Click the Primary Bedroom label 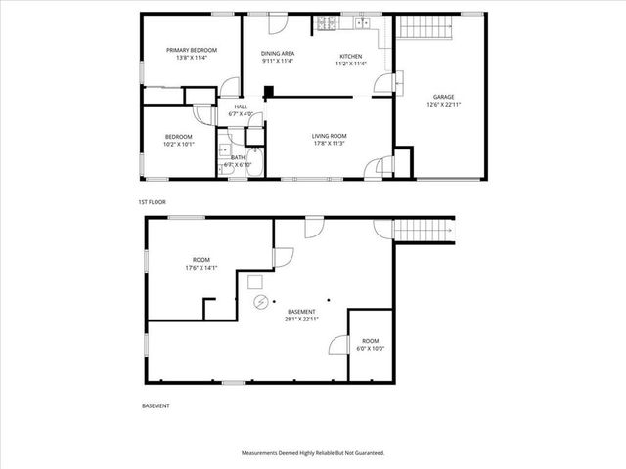tap(191, 50)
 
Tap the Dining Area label tap(278, 53)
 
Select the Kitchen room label tap(350, 55)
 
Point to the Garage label tap(444, 97)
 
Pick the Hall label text tap(241, 107)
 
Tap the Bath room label tap(238, 156)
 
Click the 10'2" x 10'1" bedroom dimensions tap(178, 144)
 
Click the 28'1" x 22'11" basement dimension tap(301, 319)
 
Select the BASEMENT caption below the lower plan tap(156, 405)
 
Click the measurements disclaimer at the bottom tap(313, 453)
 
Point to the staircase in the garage tap(426, 28)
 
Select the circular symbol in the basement tap(260, 301)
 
